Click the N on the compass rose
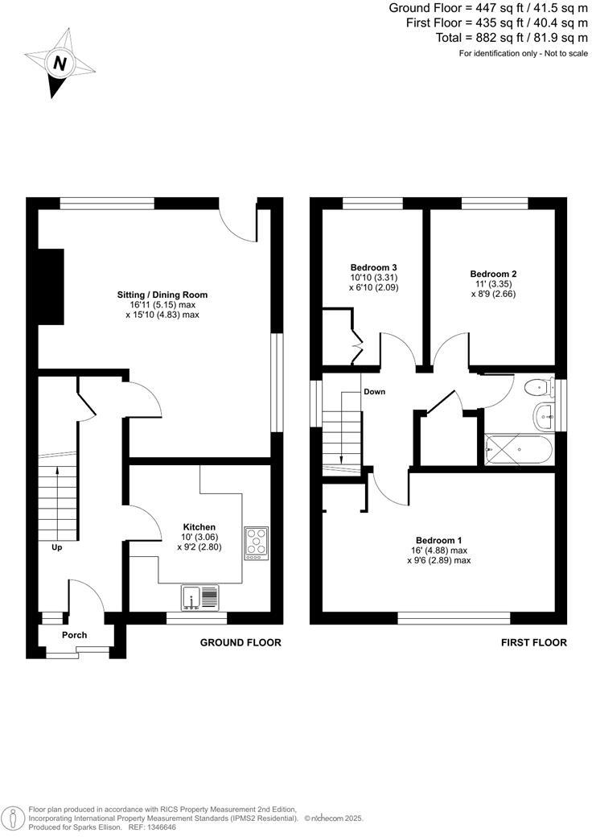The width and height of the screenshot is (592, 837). coord(58,63)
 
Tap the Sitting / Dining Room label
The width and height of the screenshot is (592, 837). coord(162,295)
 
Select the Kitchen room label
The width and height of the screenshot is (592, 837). coord(199,527)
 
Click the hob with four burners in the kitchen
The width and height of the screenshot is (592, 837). coord(257,542)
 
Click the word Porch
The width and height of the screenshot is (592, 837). coord(75,635)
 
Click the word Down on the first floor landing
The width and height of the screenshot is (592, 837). coord(374,392)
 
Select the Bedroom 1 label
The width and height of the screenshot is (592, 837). coord(438,540)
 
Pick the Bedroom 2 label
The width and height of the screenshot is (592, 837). coord(493,274)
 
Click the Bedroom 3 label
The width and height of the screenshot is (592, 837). coord(374,267)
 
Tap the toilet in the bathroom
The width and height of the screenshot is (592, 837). coord(536,389)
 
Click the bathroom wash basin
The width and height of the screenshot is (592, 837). coord(545,416)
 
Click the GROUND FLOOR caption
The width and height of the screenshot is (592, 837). coord(240,643)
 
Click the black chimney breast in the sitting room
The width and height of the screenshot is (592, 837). coord(51,286)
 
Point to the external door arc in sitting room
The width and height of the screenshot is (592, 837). coord(240,224)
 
